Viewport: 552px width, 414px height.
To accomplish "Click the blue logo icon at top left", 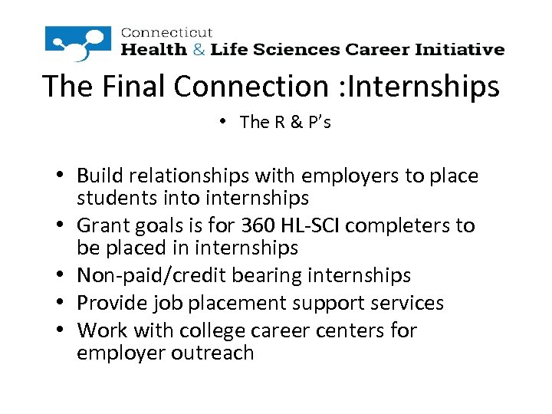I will coord(79,43).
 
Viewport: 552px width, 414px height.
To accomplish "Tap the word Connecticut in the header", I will coord(166,33).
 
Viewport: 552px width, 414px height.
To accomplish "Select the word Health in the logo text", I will coord(154,50).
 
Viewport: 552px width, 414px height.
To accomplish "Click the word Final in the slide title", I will coord(135,86).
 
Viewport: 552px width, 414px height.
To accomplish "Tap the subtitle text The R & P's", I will coord(284,122).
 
